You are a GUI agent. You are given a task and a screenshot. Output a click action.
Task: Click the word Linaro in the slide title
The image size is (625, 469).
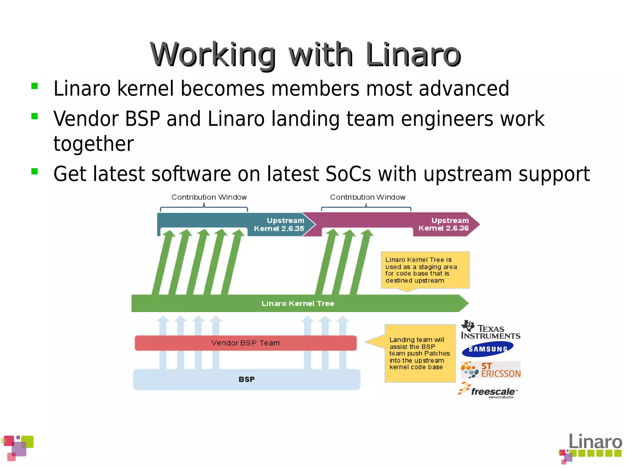pyautogui.click(x=413, y=55)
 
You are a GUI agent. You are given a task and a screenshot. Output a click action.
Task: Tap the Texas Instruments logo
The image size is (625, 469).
pyautogui.click(x=490, y=330)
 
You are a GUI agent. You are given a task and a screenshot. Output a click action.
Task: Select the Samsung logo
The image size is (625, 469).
pyautogui.click(x=488, y=349)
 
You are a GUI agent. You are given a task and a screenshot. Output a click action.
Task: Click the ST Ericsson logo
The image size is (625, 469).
pyautogui.click(x=491, y=370)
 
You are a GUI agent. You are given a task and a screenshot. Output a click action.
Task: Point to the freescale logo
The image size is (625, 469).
pyautogui.click(x=488, y=391)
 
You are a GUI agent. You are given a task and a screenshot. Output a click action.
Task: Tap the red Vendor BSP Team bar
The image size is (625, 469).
pyautogui.click(x=245, y=343)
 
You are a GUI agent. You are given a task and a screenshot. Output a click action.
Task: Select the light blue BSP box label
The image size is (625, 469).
pyautogui.click(x=247, y=379)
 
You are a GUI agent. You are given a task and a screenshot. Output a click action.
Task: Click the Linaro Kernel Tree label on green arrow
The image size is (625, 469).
pyautogui.click(x=298, y=303)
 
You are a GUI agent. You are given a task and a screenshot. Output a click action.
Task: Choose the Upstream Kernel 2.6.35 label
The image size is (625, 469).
pyautogui.click(x=279, y=224)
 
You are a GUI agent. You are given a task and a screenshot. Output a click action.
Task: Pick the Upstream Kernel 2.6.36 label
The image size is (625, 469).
pyautogui.click(x=444, y=224)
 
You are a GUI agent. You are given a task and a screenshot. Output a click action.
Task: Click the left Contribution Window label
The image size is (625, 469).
pyautogui.click(x=209, y=197)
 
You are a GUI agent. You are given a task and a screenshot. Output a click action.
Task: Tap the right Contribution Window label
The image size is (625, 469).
pyautogui.click(x=368, y=197)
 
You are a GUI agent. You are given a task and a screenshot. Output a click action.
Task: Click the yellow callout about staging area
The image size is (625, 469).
pyautogui.click(x=425, y=270)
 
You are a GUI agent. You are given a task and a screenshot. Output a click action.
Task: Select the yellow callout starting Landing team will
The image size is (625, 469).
pyautogui.click(x=420, y=353)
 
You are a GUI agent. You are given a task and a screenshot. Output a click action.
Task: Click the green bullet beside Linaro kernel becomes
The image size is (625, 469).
pyautogui.click(x=34, y=86)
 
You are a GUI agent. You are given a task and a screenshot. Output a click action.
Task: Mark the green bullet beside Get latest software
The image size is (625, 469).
pyautogui.click(x=34, y=171)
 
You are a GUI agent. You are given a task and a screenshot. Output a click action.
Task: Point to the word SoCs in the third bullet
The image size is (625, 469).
pyautogui.click(x=348, y=174)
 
